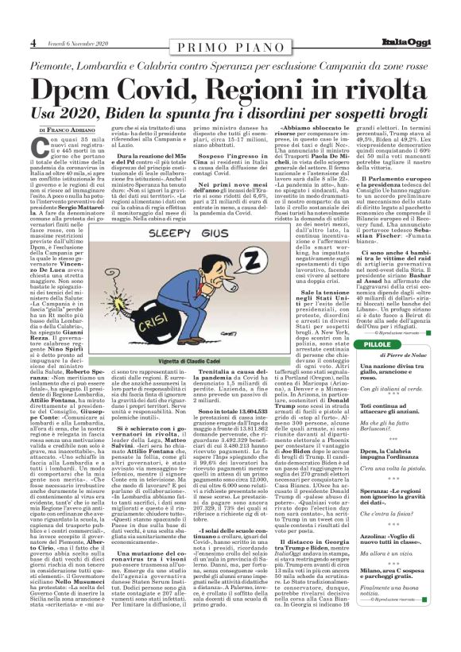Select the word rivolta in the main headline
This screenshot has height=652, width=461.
(385, 88)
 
